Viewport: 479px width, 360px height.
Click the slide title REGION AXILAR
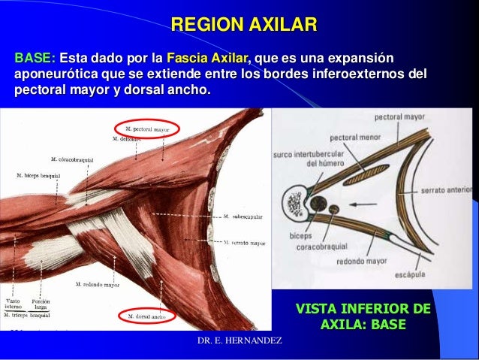[x=244, y=25]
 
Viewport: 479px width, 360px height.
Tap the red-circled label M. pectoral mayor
[x=146, y=129]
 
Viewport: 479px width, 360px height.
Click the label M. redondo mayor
[x=98, y=285]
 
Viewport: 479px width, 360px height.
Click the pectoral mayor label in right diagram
[x=399, y=117]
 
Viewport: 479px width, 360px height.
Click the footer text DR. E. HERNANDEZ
[x=239, y=342]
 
